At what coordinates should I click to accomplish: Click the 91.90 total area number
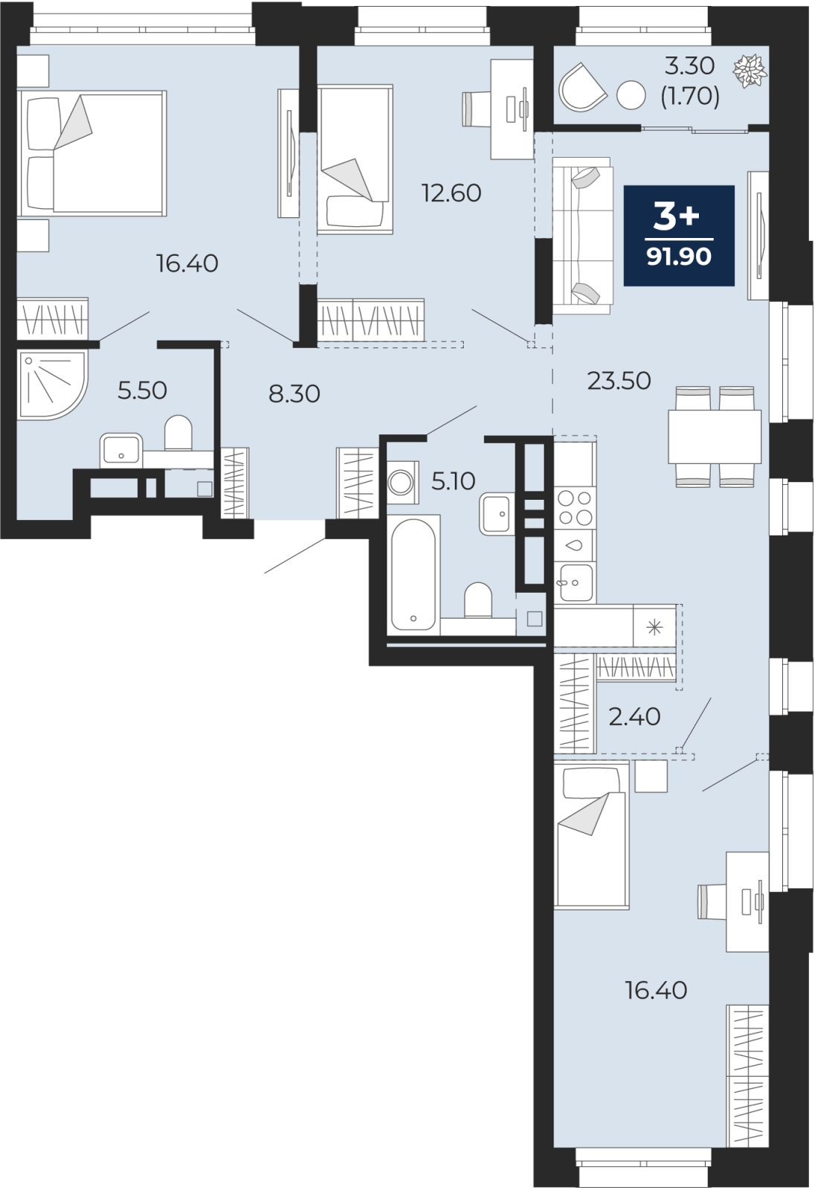(678, 257)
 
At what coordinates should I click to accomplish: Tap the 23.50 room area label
(619, 381)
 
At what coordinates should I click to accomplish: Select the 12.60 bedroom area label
(451, 193)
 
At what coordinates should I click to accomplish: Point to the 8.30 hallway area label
(294, 394)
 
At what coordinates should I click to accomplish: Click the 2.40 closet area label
(634, 717)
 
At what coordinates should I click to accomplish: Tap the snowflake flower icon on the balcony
(750, 70)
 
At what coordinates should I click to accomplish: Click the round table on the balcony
(631, 95)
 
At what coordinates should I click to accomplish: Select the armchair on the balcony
(582, 87)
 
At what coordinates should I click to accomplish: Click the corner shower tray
(51, 385)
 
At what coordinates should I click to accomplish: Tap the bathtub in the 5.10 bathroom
(413, 574)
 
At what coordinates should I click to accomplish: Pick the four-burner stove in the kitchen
(575, 506)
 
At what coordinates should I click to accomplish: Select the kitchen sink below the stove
(574, 582)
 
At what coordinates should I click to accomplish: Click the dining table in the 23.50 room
(714, 437)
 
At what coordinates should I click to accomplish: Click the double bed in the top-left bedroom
(91, 153)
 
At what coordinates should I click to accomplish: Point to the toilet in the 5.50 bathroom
(178, 434)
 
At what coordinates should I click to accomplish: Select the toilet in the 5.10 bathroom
(478, 601)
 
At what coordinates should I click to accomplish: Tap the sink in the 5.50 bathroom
(121, 451)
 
